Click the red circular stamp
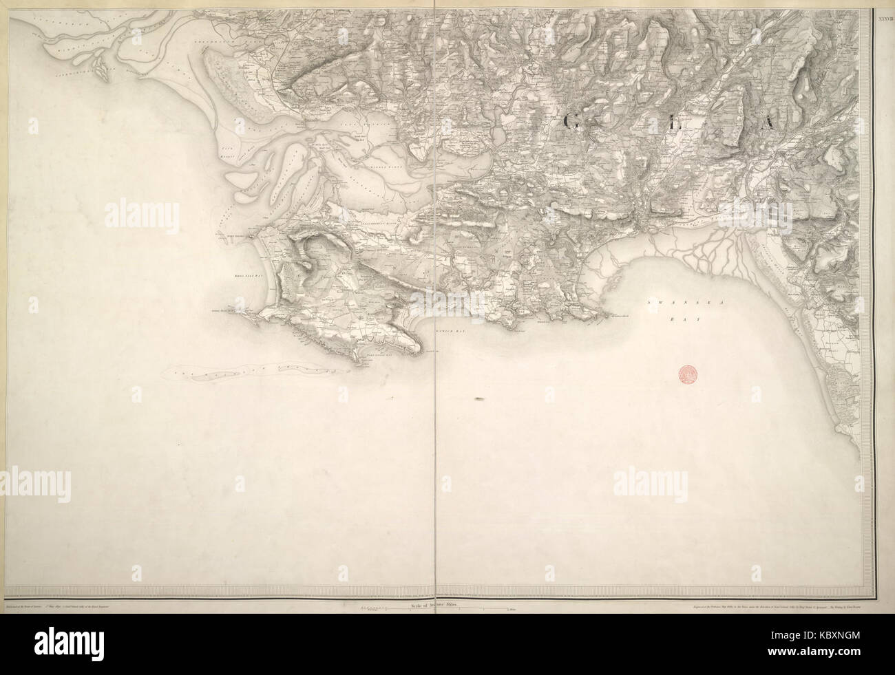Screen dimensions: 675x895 687,374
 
